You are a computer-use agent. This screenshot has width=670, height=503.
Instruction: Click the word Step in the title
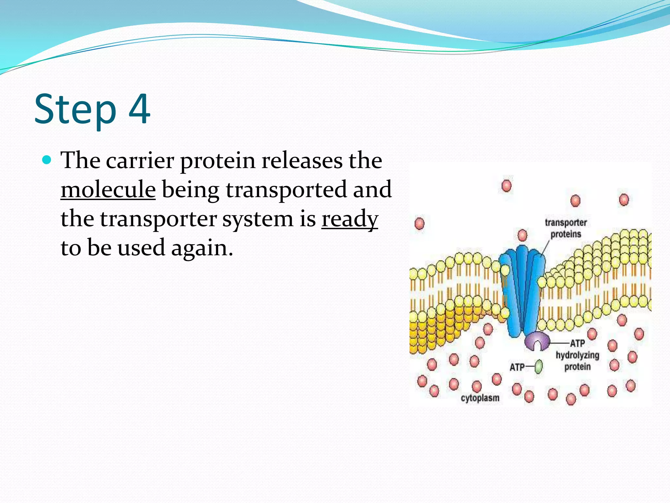(75, 110)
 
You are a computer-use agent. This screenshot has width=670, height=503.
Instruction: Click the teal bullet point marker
(47, 160)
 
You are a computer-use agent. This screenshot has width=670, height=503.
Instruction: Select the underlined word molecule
(108, 190)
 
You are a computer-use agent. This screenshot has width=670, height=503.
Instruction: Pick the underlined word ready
(349, 219)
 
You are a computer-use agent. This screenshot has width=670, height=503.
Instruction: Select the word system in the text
(258, 219)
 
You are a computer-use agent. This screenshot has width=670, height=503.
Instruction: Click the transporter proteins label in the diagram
(566, 228)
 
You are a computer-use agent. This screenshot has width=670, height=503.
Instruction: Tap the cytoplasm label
(480, 398)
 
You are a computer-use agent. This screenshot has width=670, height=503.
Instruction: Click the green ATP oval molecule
(538, 366)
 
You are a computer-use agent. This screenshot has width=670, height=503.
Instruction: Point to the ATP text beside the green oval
(517, 367)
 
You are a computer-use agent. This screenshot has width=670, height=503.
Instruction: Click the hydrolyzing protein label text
(577, 361)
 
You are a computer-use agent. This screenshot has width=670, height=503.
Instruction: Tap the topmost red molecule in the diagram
(506, 186)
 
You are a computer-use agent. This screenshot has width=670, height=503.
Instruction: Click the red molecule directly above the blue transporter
(522, 235)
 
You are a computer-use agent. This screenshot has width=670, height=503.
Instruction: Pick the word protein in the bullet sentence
(217, 161)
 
